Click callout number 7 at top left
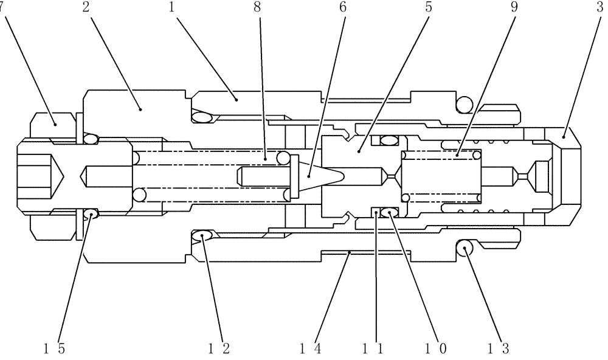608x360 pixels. [2, 7]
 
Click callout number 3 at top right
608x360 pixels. [600, 7]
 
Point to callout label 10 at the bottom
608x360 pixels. [435, 348]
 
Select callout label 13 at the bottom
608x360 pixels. [499, 348]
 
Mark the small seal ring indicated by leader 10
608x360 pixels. [389, 212]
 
